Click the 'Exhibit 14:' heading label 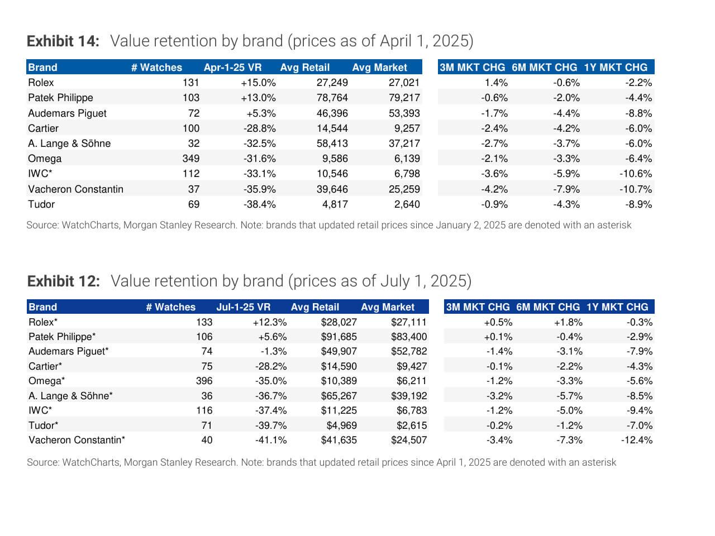click(x=63, y=41)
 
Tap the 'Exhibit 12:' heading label click(x=63, y=281)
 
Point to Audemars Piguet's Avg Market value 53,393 click(x=404, y=113)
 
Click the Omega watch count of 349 click(x=190, y=159)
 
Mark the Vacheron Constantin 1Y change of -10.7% click(x=635, y=189)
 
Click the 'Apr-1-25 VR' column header click(x=232, y=68)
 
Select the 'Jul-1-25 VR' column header click(x=243, y=307)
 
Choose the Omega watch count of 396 click(x=204, y=381)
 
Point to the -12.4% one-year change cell click(x=636, y=440)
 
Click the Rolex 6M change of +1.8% click(x=568, y=322)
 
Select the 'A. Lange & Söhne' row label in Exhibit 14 click(x=69, y=143)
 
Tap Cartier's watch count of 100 click(x=190, y=128)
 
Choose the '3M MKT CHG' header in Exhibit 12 click(x=478, y=307)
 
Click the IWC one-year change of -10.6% click(x=635, y=174)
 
